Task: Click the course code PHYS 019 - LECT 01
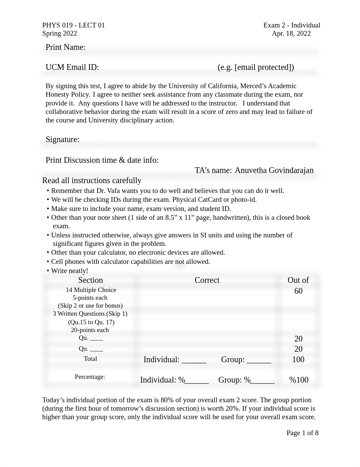(x=74, y=25)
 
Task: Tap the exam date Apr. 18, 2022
(x=291, y=33)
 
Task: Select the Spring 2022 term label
(x=60, y=33)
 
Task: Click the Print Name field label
(x=65, y=47)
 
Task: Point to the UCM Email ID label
(x=72, y=67)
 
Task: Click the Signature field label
(x=62, y=139)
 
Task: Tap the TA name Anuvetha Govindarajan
(x=274, y=170)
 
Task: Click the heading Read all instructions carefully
(x=92, y=180)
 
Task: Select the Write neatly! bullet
(x=69, y=271)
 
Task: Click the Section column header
(x=91, y=280)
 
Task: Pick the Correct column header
(x=207, y=280)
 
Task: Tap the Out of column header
(x=298, y=280)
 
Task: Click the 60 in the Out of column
(x=298, y=291)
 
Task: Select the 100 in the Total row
(x=298, y=359)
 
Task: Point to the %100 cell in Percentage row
(x=299, y=380)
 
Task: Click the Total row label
(x=91, y=359)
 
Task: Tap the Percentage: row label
(x=90, y=377)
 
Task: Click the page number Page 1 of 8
(x=302, y=433)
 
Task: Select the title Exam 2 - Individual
(x=292, y=25)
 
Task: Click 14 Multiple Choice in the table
(x=91, y=290)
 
